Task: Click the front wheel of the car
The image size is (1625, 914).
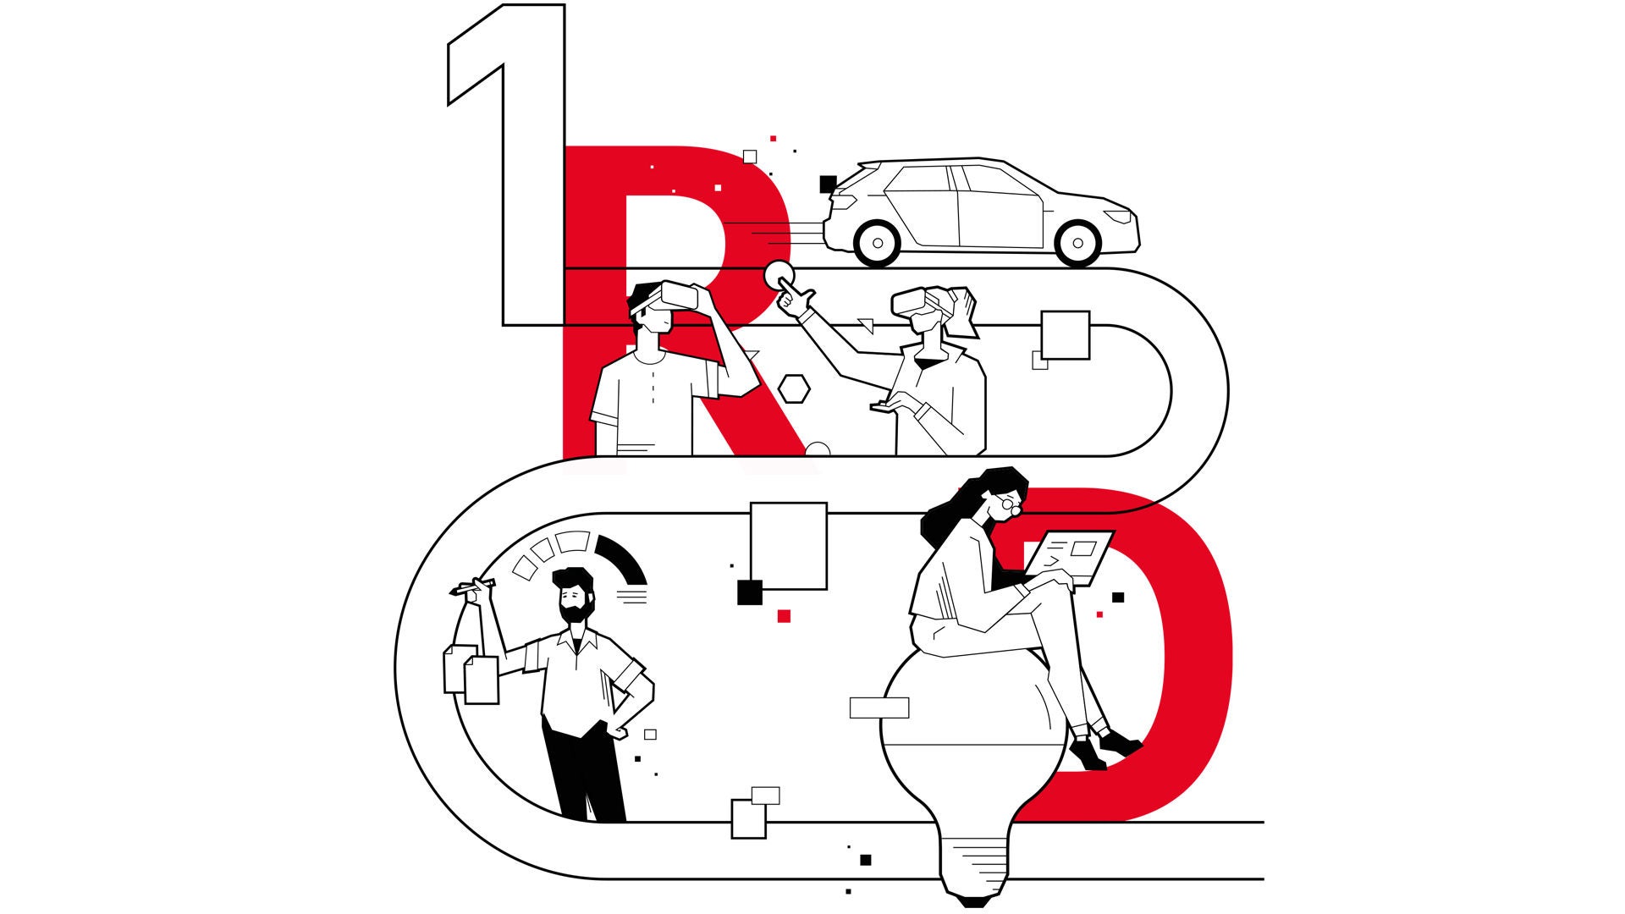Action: tap(1077, 244)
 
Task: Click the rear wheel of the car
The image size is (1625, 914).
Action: tap(878, 244)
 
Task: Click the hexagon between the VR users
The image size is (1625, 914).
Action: tap(794, 388)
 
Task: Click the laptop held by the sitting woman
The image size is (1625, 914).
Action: tap(1071, 557)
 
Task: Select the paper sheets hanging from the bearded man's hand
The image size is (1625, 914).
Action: tap(471, 674)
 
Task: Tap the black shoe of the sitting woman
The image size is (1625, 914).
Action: tap(1119, 744)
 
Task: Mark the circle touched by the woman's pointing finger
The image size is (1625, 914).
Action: tap(779, 276)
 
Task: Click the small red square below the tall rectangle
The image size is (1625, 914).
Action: tap(784, 616)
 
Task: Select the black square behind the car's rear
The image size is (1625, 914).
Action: tap(828, 184)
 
